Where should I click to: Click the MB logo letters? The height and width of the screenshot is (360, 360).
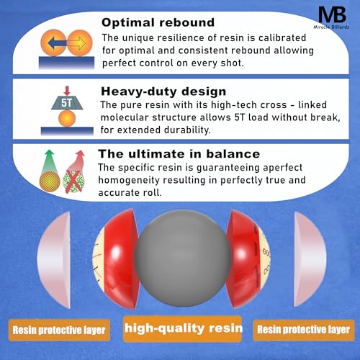pos(333,14)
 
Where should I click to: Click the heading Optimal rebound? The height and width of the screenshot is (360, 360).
pos(158,22)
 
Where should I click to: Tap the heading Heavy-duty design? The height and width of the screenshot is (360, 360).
pos(163,91)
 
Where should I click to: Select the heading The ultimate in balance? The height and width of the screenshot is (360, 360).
pos(179,154)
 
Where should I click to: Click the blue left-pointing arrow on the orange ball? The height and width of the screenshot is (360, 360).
pos(57,43)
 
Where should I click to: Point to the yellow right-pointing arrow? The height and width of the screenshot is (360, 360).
pos(76,43)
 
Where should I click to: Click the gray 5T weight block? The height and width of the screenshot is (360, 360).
pos(67,103)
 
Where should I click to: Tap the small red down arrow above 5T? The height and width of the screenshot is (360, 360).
pos(67,91)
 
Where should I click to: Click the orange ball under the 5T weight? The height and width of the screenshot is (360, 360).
pos(67,119)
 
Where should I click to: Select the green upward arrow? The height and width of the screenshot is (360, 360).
pos(50,161)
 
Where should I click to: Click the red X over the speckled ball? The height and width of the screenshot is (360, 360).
pos(73,181)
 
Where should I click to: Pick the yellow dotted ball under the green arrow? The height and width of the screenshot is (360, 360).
pos(50,181)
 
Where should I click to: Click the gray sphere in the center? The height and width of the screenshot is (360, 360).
pos(183,258)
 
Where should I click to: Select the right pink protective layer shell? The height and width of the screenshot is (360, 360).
pos(310,259)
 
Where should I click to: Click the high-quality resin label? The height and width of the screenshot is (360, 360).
pos(183,328)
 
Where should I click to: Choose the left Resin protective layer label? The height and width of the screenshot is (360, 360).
pos(59,330)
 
